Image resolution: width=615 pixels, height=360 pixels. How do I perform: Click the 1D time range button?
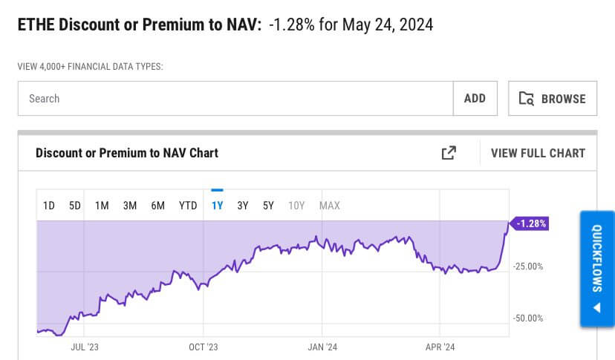click(49, 206)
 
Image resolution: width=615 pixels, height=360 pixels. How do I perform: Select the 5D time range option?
click(75, 206)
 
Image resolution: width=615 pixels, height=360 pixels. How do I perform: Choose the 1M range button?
click(102, 206)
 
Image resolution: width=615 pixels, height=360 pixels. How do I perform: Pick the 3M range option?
click(130, 206)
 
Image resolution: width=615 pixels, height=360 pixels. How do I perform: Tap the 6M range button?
click(158, 206)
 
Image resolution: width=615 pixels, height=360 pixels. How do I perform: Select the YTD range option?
click(188, 206)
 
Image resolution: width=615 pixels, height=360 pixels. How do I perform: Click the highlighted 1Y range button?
click(217, 206)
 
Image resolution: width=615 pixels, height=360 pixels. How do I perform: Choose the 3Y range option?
click(243, 206)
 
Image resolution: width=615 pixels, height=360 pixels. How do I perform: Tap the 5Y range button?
click(268, 206)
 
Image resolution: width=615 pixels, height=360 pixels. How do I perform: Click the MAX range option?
click(329, 206)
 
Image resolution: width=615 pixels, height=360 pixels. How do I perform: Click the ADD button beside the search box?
click(475, 98)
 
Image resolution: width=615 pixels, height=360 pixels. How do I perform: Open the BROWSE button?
click(553, 99)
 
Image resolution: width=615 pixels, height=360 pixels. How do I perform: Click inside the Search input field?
click(235, 98)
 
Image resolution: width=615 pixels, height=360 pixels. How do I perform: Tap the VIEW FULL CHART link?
click(538, 153)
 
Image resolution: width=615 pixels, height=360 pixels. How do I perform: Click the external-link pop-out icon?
click(449, 153)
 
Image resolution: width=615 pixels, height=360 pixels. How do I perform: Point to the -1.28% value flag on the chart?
click(530, 223)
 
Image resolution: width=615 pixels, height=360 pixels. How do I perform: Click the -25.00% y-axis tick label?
click(528, 266)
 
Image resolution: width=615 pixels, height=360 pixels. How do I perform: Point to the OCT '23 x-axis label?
click(203, 347)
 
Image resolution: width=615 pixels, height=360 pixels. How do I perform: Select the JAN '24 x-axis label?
click(322, 347)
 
